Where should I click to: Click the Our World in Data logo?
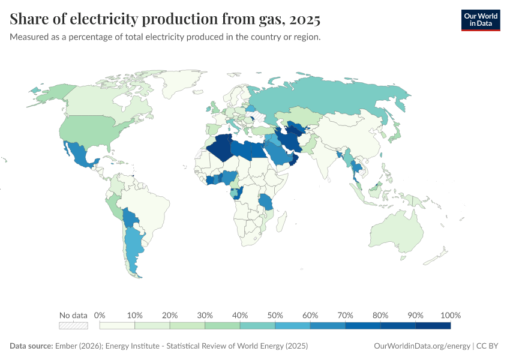(x=480, y=20)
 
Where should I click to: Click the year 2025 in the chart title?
(x=304, y=20)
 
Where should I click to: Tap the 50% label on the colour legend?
(x=275, y=315)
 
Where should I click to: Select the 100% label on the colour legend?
(x=450, y=315)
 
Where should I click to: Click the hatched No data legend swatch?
(x=73, y=326)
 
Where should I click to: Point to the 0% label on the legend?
(x=100, y=315)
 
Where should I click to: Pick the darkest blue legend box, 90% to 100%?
(x=433, y=326)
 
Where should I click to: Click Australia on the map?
(x=397, y=231)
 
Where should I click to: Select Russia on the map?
(x=336, y=96)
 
